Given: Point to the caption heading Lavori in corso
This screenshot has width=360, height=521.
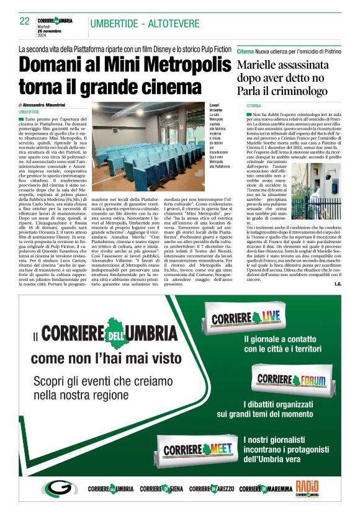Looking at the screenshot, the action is (x=215, y=109).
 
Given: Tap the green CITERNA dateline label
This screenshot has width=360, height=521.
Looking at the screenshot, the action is (x=254, y=106).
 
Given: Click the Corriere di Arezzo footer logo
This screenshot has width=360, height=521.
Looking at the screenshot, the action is (x=211, y=489).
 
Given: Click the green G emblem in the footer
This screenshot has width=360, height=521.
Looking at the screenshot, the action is (x=58, y=488).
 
